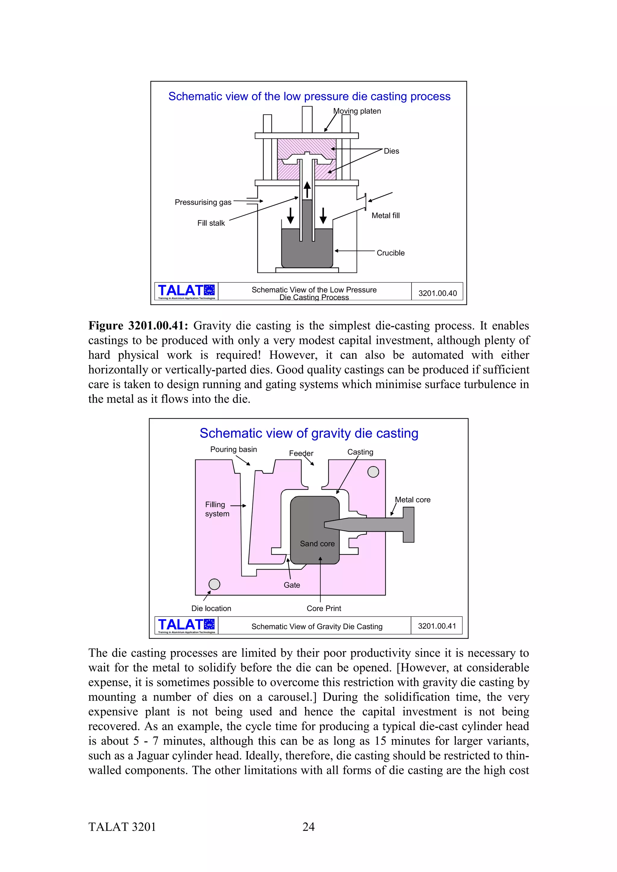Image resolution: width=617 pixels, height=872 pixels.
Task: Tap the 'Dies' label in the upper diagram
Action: coord(391,151)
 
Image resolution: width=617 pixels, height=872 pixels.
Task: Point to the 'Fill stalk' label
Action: coord(211,223)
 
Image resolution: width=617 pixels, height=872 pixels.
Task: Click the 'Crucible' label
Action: coord(390,253)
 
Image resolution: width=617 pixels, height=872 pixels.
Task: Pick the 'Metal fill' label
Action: coord(386,215)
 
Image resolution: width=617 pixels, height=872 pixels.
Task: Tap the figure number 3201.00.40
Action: coord(437,293)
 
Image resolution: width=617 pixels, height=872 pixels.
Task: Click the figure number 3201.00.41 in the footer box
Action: coord(437,626)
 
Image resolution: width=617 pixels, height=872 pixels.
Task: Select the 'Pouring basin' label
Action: coord(233,449)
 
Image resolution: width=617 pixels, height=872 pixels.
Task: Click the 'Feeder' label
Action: coord(301,453)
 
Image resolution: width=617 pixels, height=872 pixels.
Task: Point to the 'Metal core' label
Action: coord(412,500)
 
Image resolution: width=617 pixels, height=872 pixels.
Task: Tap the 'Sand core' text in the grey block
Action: coord(317,543)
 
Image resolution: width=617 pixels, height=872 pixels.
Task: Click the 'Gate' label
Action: coord(292,585)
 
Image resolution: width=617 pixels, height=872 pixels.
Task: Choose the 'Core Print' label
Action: coord(324,608)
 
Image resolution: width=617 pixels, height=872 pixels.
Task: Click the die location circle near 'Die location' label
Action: coord(215,584)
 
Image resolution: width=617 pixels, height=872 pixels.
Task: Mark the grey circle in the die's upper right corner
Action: coord(373,472)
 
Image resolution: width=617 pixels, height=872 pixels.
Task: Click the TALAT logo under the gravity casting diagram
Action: coord(186,626)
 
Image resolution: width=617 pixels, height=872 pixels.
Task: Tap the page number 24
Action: coord(308,827)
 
